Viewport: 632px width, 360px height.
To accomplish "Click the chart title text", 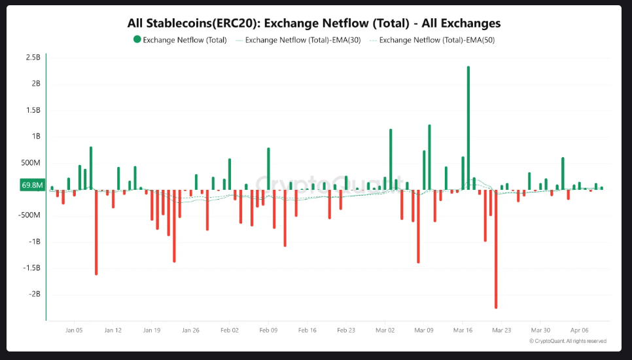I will (x=314, y=23).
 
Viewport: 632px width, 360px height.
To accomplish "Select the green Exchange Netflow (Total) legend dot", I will (x=137, y=40).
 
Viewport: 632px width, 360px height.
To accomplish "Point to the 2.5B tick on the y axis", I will (x=33, y=58).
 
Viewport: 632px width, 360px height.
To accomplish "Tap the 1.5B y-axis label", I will (x=33, y=110).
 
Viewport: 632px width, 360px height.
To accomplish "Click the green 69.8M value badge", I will (x=32, y=185).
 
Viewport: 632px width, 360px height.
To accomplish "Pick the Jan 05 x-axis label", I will (x=74, y=331).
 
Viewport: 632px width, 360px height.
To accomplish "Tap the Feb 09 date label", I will (x=268, y=331).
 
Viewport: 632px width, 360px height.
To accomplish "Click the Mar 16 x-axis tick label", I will (x=463, y=331).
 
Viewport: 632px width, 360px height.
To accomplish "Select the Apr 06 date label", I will (x=580, y=331).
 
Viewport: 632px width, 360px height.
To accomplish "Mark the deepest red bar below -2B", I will (x=496, y=249).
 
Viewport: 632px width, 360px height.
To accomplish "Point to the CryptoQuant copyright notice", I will (x=567, y=341).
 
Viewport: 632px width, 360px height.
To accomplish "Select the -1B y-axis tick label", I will (x=34, y=242).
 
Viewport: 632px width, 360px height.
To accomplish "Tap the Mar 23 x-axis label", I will (x=502, y=331).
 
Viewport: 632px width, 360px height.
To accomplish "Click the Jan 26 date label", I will (x=190, y=331).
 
